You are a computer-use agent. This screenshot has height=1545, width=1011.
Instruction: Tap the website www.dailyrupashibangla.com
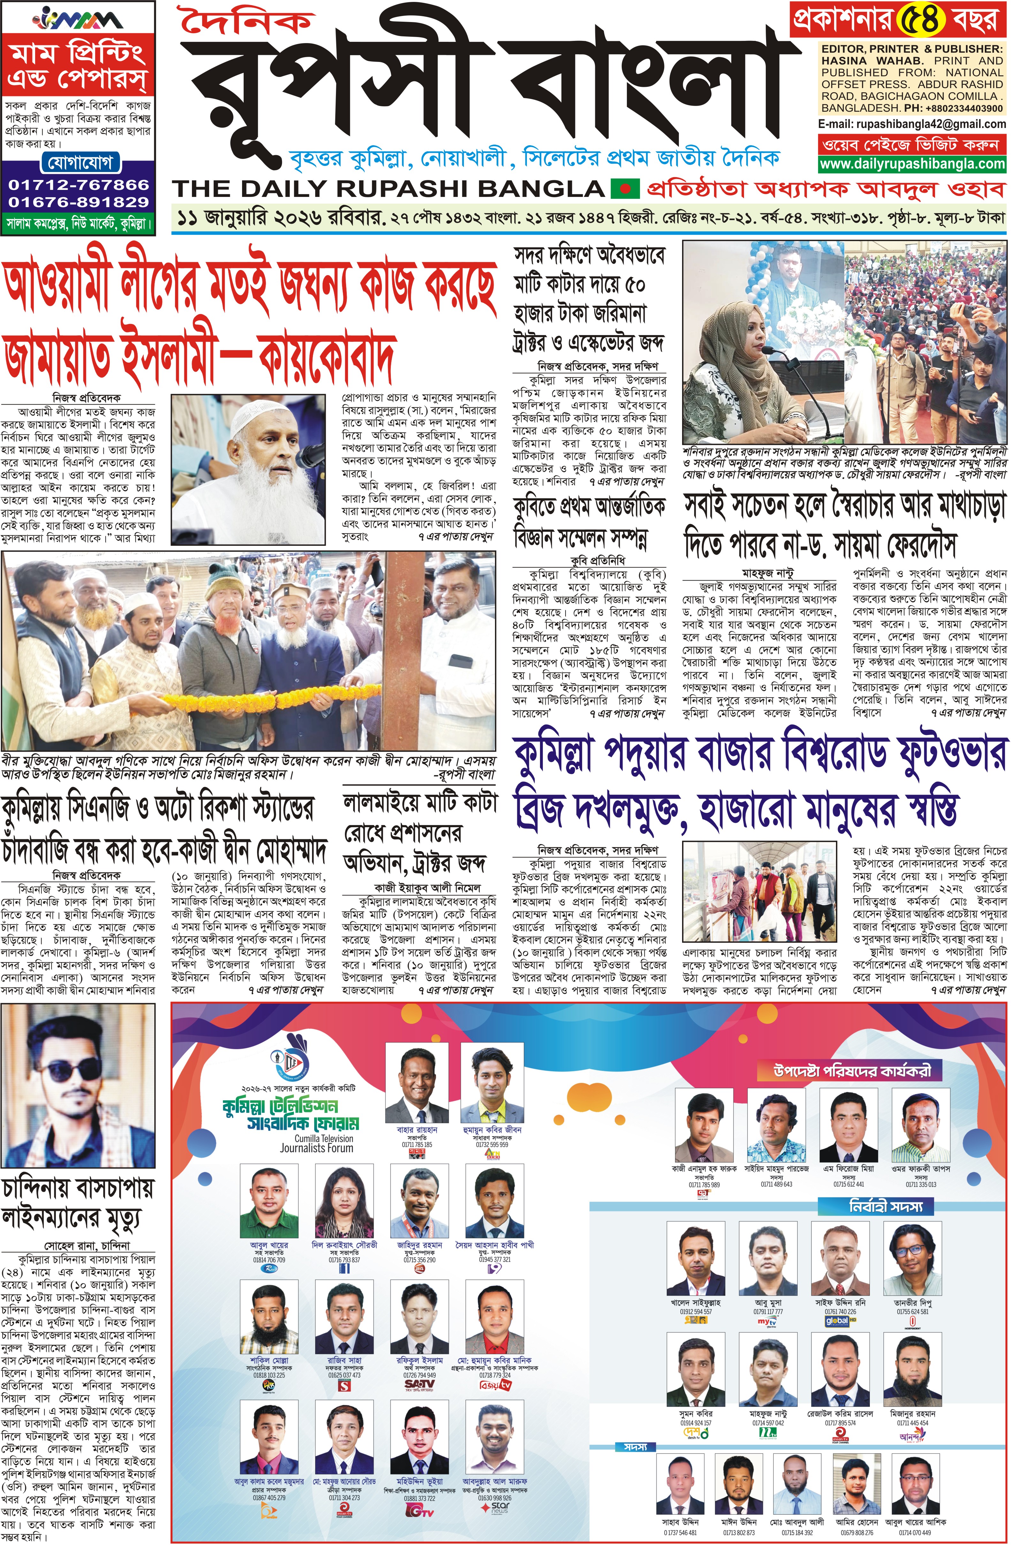(912, 164)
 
